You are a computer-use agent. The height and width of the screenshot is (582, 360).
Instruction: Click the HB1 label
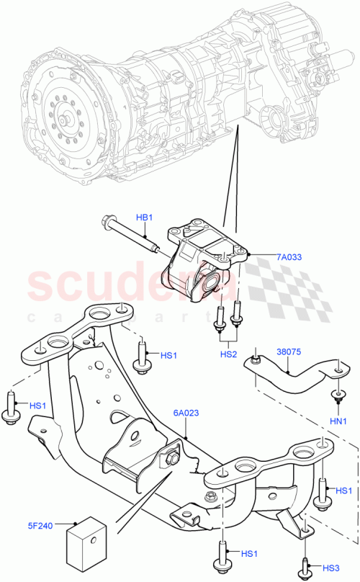coord(145,217)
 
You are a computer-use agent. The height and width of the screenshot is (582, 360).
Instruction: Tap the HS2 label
coord(228,355)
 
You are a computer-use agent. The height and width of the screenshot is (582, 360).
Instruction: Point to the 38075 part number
coord(289,353)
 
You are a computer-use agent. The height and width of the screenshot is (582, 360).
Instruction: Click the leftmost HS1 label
coord(38,406)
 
